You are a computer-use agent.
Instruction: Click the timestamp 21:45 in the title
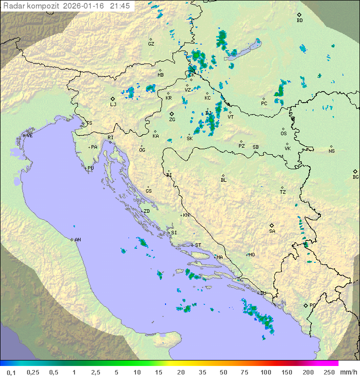120,6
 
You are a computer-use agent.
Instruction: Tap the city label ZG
172,120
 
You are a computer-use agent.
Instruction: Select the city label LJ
113,105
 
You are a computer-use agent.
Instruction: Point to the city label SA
272,231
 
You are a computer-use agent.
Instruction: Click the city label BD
299,21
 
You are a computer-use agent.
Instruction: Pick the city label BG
355,177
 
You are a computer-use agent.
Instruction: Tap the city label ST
198,245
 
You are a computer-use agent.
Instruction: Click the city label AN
77,240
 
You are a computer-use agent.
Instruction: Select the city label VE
29,136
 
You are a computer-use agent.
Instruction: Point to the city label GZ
151,44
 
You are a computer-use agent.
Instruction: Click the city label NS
331,151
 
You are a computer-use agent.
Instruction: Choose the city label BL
223,180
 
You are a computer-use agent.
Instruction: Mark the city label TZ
282,192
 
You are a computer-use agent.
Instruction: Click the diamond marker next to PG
305,305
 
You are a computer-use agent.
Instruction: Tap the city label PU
90,169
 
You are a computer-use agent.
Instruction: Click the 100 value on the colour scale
265,372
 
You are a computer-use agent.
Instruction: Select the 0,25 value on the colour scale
33,372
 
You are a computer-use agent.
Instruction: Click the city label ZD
146,211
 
